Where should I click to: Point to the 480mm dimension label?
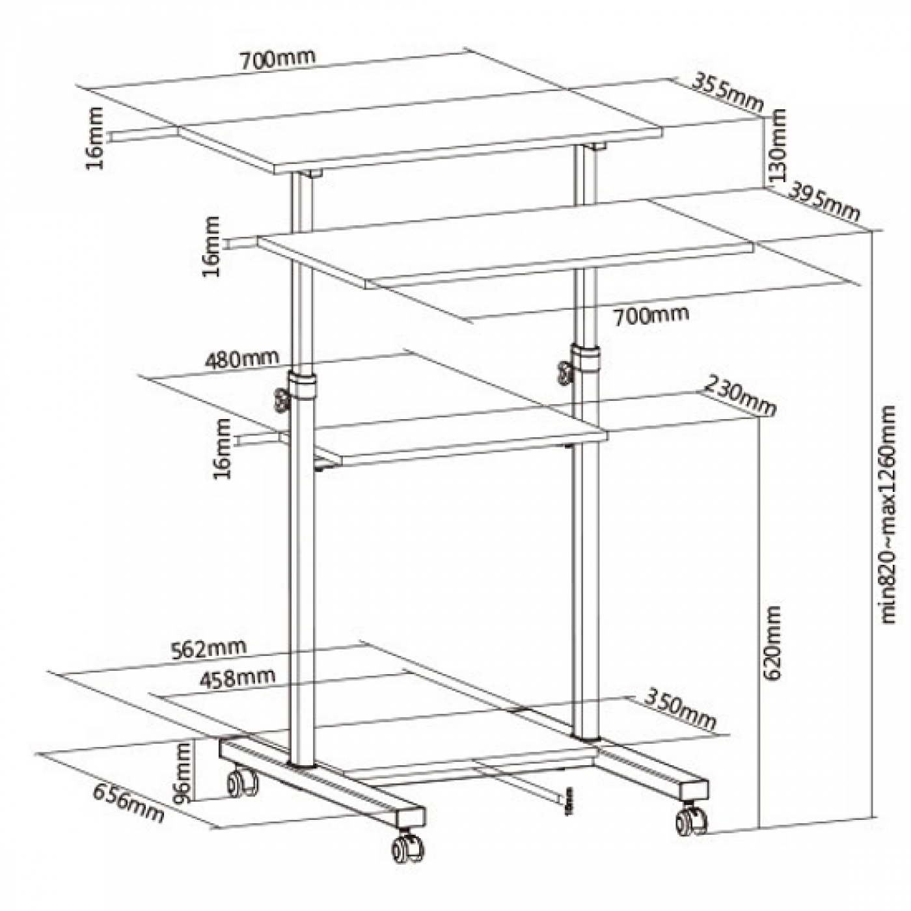click(x=241, y=359)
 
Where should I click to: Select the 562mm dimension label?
click(x=208, y=648)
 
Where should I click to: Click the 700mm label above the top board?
click(x=279, y=59)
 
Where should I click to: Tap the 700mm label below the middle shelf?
click(x=650, y=316)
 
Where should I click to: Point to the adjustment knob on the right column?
click(x=564, y=373)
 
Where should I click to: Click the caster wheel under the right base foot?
click(x=691, y=821)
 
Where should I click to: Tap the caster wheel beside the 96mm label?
click(x=242, y=782)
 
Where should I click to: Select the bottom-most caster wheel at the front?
click(x=407, y=848)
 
